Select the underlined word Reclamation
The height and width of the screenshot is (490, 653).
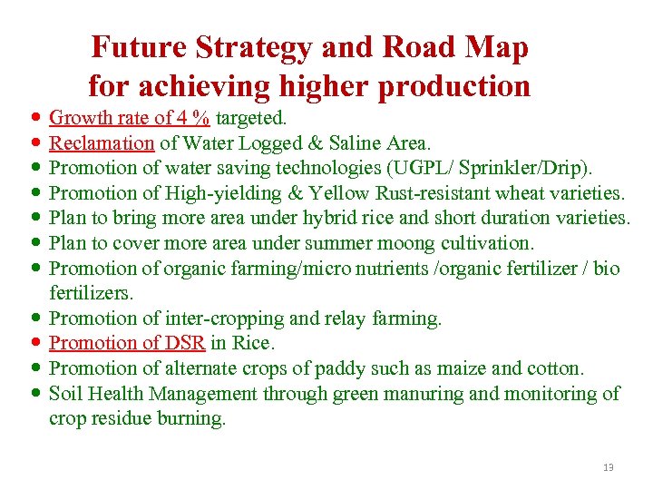[x=102, y=142]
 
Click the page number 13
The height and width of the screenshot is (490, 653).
[x=608, y=467]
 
